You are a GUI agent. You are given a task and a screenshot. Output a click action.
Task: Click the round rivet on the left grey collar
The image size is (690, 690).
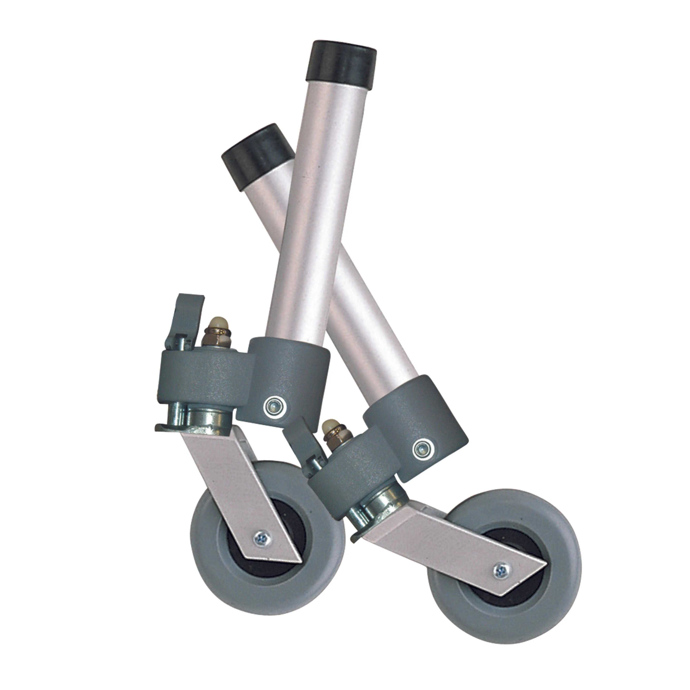[x=275, y=406]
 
